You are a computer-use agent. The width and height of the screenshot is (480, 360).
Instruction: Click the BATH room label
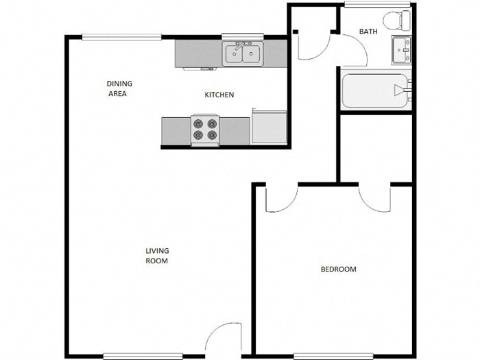(368, 32)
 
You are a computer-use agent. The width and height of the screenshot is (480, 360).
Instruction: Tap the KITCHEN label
(219, 95)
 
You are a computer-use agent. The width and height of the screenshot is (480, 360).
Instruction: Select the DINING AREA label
(119, 88)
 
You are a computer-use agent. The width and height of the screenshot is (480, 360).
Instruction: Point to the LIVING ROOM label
(157, 256)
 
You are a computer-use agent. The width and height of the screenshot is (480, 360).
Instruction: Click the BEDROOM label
(339, 269)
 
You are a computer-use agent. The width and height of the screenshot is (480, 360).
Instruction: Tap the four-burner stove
(205, 130)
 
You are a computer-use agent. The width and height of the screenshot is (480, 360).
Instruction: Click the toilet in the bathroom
(396, 20)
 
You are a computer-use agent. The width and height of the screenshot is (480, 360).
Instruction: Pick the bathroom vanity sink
(402, 49)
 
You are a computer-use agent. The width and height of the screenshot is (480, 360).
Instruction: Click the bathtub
(376, 90)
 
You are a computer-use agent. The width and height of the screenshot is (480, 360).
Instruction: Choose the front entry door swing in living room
(223, 339)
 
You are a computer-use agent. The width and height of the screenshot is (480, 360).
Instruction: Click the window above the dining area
(122, 37)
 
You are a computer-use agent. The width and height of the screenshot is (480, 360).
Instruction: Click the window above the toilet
(378, 5)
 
